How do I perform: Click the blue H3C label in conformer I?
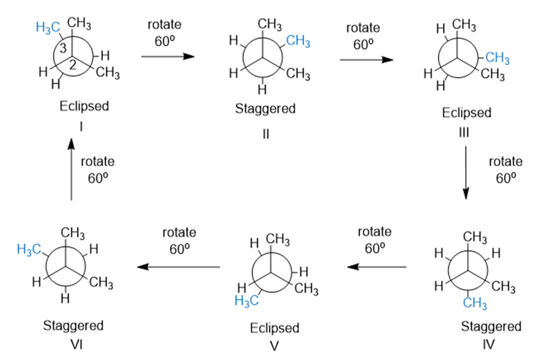click(x=50, y=27)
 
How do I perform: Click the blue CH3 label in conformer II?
click(x=298, y=42)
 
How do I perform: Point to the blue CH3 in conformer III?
click(x=496, y=58)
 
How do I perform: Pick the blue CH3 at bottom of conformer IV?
click(x=475, y=304)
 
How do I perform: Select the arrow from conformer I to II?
click(x=167, y=56)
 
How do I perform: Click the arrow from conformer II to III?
click(x=365, y=59)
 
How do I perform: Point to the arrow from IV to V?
click(x=377, y=267)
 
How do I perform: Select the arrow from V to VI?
click(x=179, y=267)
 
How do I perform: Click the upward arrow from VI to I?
click(x=71, y=166)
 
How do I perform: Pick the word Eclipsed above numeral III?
click(x=466, y=112)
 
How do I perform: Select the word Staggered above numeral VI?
click(x=73, y=325)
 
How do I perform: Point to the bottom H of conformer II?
click(x=263, y=88)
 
